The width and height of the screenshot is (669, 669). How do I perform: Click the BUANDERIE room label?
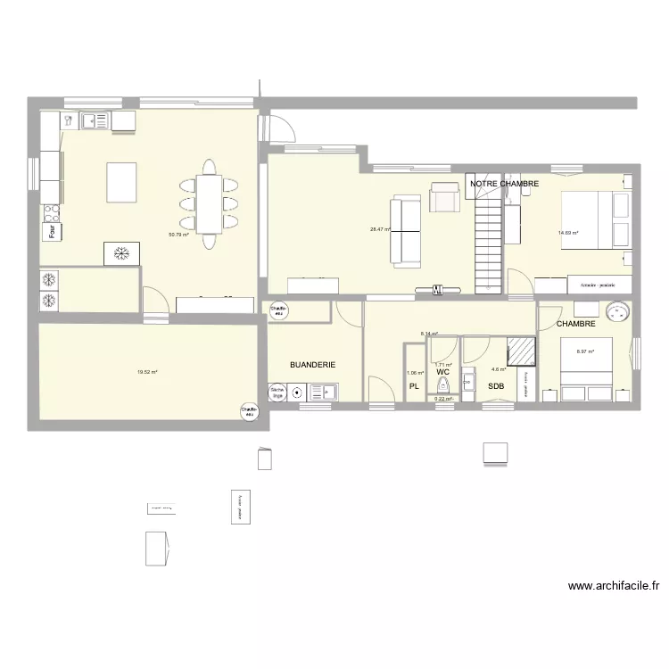(x=313, y=365)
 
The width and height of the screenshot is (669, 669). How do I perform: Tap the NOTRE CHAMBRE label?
(x=504, y=184)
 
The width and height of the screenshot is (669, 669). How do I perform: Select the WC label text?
(x=442, y=372)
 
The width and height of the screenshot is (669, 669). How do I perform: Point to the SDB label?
(x=495, y=386)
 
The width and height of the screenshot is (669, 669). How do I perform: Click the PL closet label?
(x=413, y=386)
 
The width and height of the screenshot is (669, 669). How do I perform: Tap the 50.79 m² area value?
(x=180, y=235)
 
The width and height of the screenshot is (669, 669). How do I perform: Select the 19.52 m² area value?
(x=147, y=372)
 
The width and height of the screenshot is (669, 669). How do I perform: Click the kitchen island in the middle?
(x=123, y=183)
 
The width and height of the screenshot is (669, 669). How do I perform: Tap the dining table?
(x=210, y=203)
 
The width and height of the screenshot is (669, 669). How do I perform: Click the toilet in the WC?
(x=442, y=385)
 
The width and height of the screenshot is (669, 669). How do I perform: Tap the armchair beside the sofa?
(x=443, y=197)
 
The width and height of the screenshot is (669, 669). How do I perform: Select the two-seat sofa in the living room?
(x=406, y=231)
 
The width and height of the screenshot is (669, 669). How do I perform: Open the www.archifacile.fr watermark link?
(x=614, y=586)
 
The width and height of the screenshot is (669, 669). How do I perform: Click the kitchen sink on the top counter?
(x=94, y=119)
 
